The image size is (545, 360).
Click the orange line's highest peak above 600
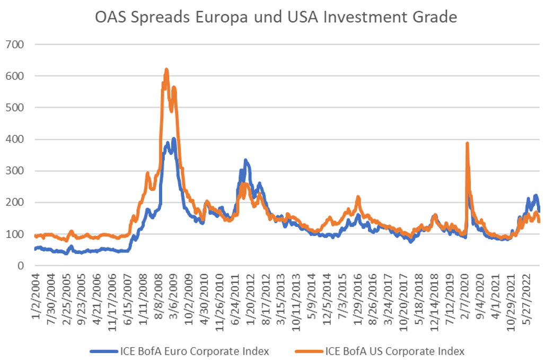click(x=166, y=69)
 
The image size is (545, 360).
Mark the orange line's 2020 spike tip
click(x=467, y=143)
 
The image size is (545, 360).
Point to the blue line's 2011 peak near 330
click(x=245, y=160)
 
